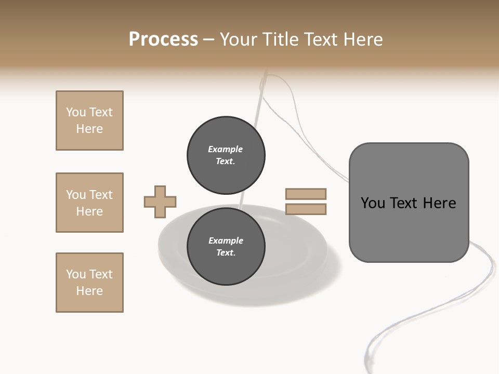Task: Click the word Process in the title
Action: [163, 39]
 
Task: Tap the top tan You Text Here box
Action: [89, 121]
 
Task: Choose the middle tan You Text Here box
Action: [89, 203]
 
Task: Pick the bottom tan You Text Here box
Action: [89, 283]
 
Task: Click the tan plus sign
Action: [160, 202]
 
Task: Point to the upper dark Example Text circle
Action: [226, 155]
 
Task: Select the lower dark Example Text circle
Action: [226, 247]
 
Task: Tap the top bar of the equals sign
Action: [306, 194]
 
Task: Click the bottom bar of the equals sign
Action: [306, 209]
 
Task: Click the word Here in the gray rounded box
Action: [439, 203]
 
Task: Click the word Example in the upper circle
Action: [226, 149]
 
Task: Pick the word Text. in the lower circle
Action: [226, 253]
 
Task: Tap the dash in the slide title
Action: [209, 39]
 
